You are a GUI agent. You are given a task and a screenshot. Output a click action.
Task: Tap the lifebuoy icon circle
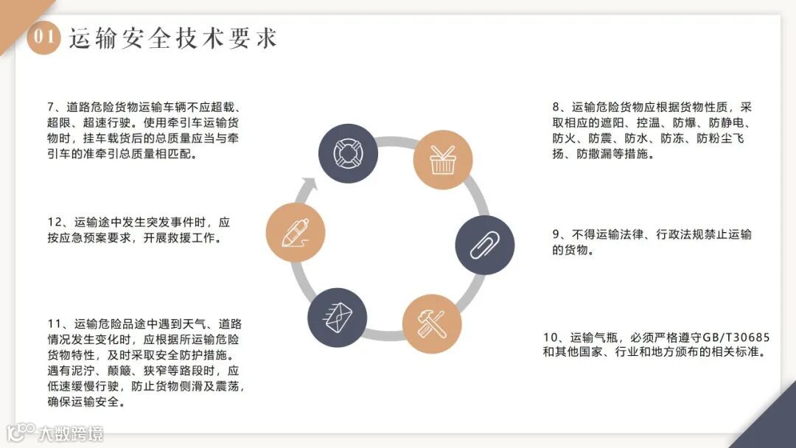pyautogui.click(x=347, y=153)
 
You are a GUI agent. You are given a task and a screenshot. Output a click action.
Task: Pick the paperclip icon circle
pyautogui.click(x=485, y=245)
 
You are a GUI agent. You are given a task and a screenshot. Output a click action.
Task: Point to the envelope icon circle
pyautogui.click(x=336, y=317)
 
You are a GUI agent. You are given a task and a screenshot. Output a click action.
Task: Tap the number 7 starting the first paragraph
pyautogui.click(x=50, y=107)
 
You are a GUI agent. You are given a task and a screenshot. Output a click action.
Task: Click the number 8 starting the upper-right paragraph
pyautogui.click(x=556, y=107)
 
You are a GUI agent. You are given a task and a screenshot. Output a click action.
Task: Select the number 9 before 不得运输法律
pyautogui.click(x=556, y=234)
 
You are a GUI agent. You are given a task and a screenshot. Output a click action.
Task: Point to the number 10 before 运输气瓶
pyautogui.click(x=550, y=337)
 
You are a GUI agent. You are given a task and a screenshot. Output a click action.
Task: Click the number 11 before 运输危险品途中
pyautogui.click(x=52, y=323)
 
